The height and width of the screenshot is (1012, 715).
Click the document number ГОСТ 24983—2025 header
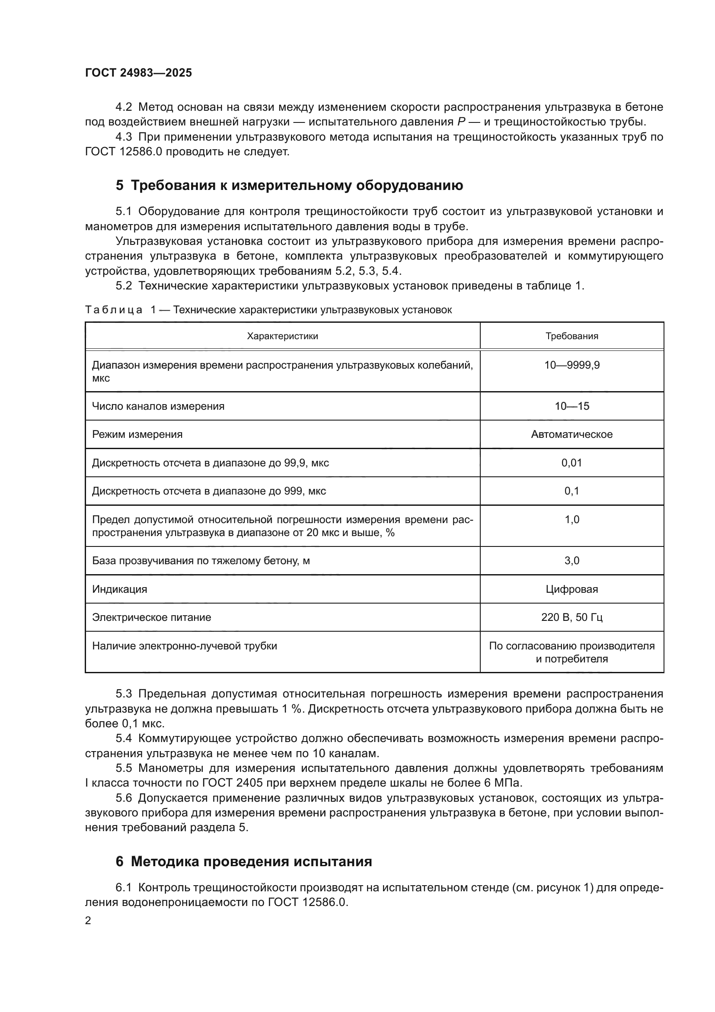click(x=138, y=73)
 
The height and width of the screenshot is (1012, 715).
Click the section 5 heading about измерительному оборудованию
click(x=289, y=186)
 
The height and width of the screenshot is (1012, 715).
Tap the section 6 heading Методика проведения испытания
click(x=244, y=861)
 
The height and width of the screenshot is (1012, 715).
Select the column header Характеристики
click(x=282, y=336)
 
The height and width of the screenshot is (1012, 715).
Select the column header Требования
click(x=571, y=336)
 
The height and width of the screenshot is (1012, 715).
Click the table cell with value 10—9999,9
click(x=571, y=365)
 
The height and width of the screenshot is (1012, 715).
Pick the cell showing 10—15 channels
click(x=571, y=406)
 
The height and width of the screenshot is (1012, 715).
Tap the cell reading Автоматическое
click(x=571, y=434)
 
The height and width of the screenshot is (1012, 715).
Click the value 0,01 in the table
click(x=571, y=463)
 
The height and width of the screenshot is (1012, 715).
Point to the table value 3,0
click(x=571, y=561)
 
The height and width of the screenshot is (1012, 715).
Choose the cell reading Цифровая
click(x=571, y=589)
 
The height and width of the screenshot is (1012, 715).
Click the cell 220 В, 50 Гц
click(x=571, y=617)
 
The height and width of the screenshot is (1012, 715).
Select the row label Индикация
click(x=119, y=589)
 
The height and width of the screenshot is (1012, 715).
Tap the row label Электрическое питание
click(x=151, y=617)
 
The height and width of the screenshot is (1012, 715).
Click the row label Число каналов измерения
click(x=158, y=406)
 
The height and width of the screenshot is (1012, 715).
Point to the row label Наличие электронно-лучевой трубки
click(x=185, y=646)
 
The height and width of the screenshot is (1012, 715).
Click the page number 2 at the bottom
click(x=88, y=920)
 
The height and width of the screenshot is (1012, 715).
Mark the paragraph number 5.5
click(x=124, y=768)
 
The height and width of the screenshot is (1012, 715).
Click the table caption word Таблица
click(x=114, y=310)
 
